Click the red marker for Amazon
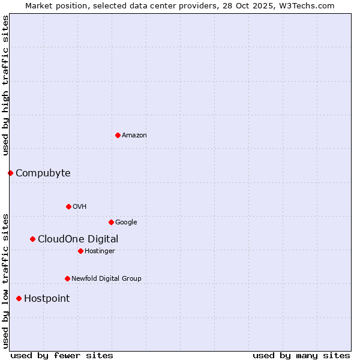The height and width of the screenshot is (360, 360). tap(118, 135)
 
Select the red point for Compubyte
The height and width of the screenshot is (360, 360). tap(10, 173)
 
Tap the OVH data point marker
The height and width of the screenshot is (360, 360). tap(68, 206)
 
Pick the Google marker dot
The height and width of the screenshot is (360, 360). tap(111, 222)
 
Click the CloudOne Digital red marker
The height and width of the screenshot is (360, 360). tap(32, 239)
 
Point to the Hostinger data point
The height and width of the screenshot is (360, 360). tap(80, 251)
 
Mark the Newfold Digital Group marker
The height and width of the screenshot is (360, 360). tap(67, 278)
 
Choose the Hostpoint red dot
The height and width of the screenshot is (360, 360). tap(19, 298)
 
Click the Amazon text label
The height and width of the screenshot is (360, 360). tap(134, 135)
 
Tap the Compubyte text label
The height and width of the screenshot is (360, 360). tap(43, 173)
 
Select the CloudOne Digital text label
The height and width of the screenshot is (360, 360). tap(78, 239)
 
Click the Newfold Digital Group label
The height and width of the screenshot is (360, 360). tap(106, 278)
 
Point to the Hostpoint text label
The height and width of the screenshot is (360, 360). tap(47, 298)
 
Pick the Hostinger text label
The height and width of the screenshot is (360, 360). tap(100, 251)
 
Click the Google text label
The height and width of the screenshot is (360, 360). tap(126, 222)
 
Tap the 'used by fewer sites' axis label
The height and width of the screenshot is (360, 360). tap(62, 355)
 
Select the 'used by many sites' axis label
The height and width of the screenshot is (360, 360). tap(301, 355)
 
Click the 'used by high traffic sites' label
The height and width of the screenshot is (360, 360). tap(5, 85)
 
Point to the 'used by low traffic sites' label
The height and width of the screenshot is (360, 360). tap(5, 280)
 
